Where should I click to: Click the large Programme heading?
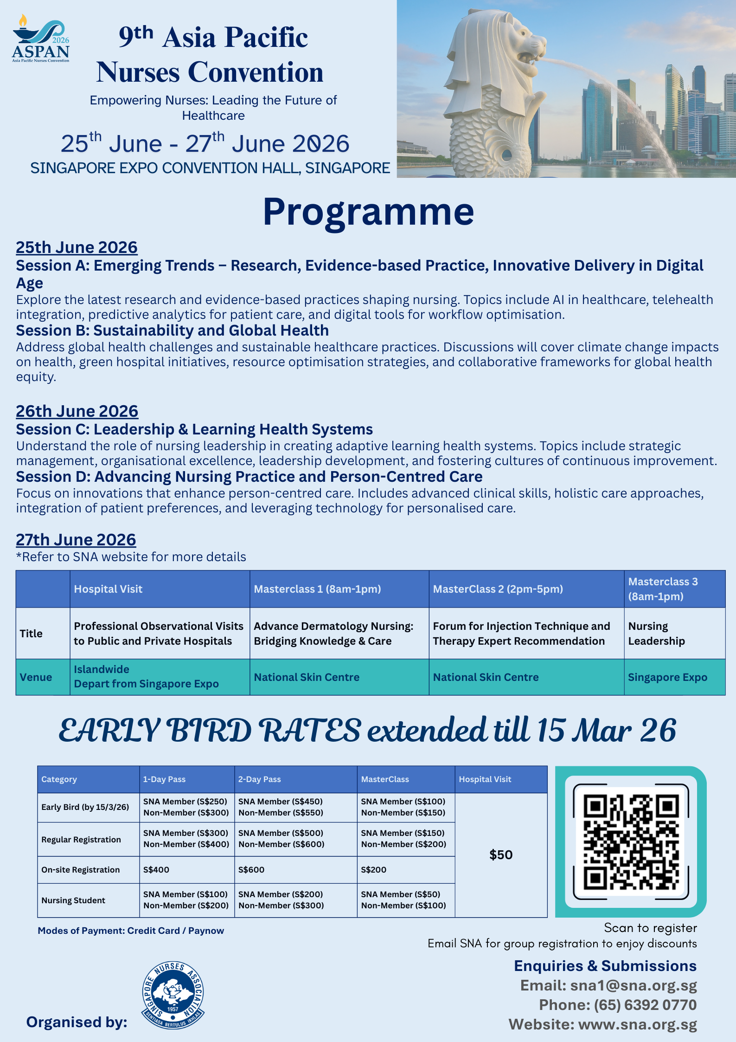tap(368, 212)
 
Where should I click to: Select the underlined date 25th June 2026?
tap(77, 247)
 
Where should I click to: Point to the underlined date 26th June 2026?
tap(77, 411)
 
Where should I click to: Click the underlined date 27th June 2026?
tap(76, 540)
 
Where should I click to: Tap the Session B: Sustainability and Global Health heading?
tap(172, 330)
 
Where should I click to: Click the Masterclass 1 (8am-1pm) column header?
tap(317, 589)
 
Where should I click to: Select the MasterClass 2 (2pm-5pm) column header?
tap(498, 589)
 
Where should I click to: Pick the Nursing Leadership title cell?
tap(656, 634)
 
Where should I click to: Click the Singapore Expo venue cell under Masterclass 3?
tap(667, 677)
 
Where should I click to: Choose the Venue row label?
tap(36, 677)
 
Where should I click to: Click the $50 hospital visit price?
tap(501, 855)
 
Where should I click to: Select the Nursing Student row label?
tap(73, 900)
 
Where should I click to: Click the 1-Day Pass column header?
tap(164, 779)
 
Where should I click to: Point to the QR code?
tap(631, 841)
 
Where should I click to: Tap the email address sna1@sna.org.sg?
tap(633, 985)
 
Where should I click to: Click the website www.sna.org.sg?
tap(637, 1024)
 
